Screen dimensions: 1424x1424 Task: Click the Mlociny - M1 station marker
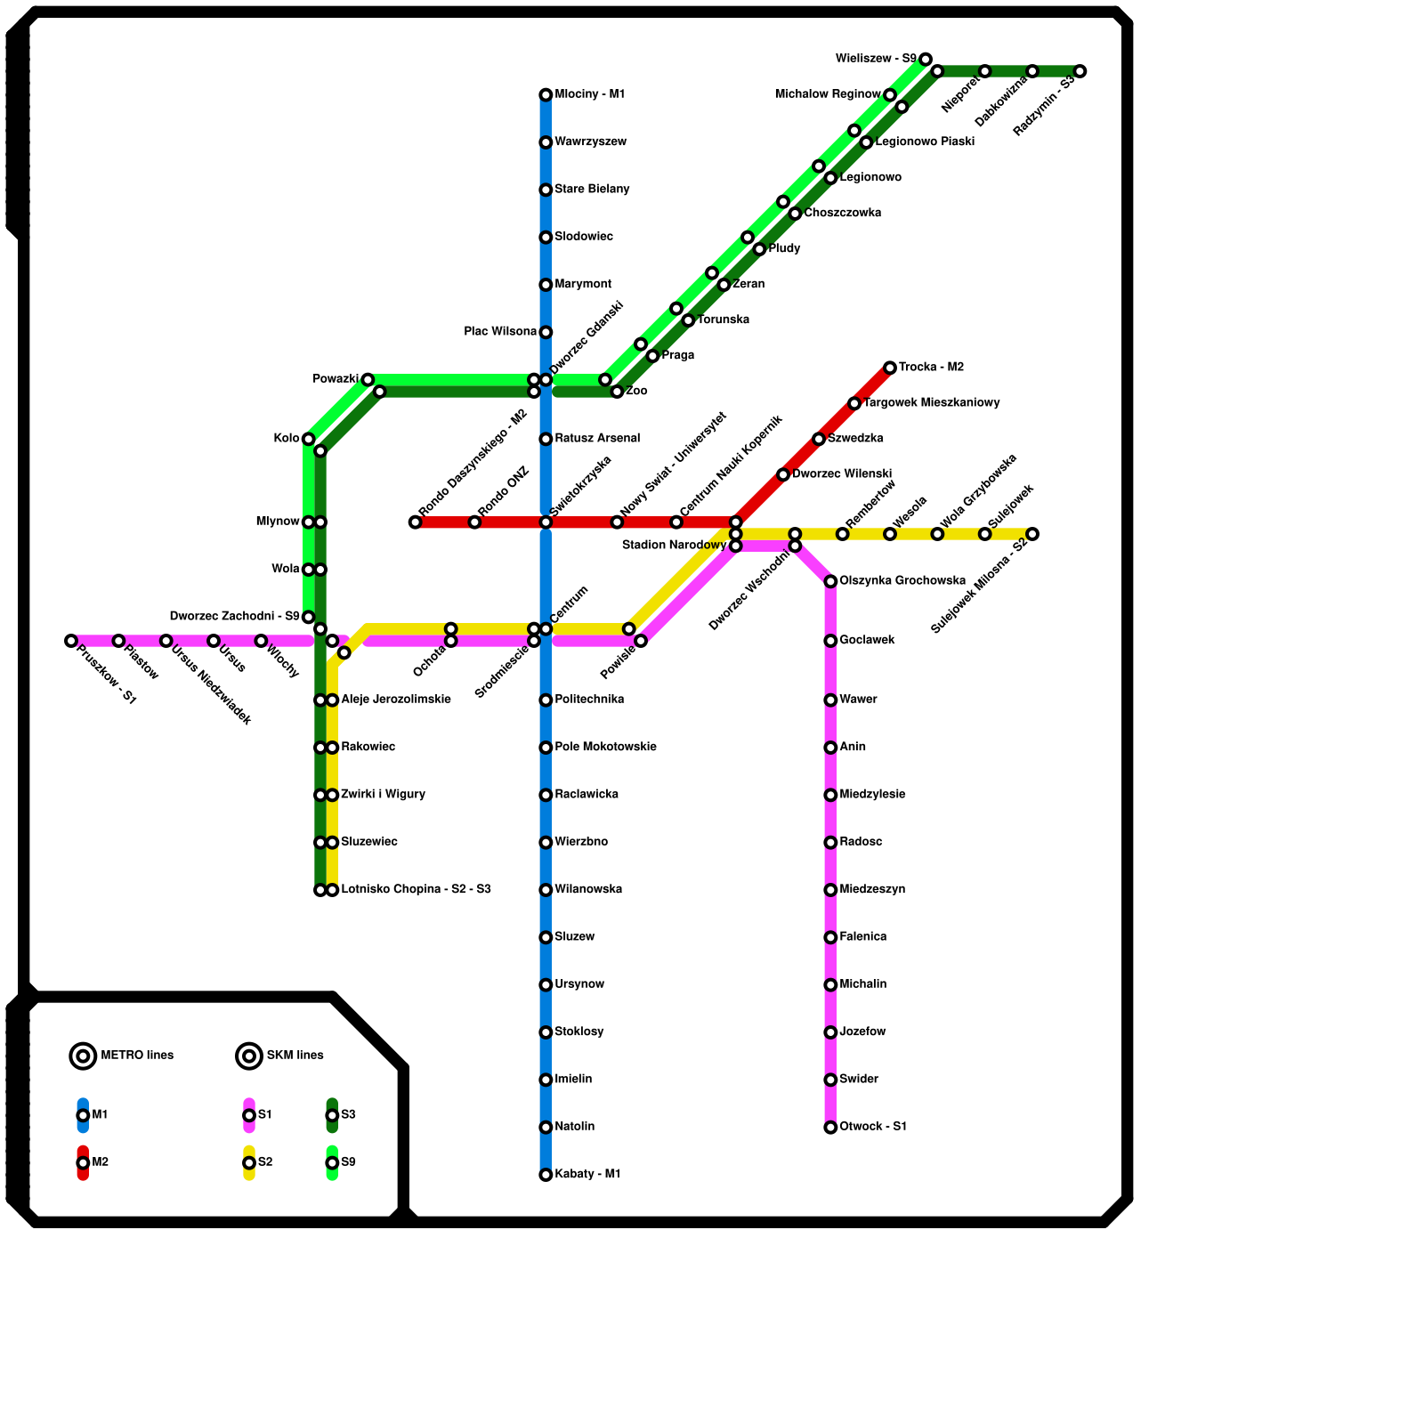click(x=546, y=95)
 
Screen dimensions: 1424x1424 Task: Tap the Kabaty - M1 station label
click(x=587, y=1175)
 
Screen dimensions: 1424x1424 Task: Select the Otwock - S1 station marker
click(x=830, y=1128)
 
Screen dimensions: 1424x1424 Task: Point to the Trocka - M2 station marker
click(x=890, y=368)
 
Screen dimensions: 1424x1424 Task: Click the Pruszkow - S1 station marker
click(x=71, y=641)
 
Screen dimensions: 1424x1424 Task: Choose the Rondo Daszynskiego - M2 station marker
click(x=415, y=522)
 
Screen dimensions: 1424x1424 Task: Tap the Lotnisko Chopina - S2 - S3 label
click(x=416, y=890)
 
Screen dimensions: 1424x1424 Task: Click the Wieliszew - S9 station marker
click(x=926, y=60)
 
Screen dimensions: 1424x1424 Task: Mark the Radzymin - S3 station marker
click(x=1080, y=71)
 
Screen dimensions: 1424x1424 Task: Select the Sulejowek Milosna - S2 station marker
click(x=1032, y=534)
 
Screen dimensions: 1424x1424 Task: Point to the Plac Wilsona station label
click(x=500, y=332)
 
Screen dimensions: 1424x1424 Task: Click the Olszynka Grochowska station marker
click(x=830, y=581)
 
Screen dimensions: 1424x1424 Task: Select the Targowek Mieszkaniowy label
click(x=932, y=403)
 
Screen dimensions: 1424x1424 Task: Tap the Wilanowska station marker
click(x=546, y=890)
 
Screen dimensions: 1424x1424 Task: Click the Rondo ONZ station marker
click(x=474, y=522)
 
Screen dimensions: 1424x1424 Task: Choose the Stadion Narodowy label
click(x=674, y=545)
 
